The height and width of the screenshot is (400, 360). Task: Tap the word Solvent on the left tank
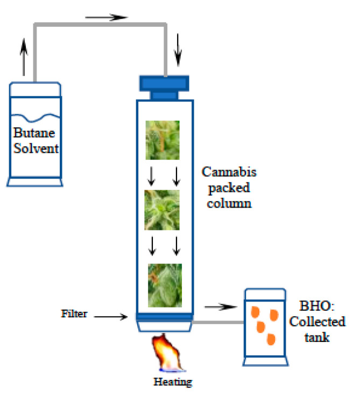point(35,147)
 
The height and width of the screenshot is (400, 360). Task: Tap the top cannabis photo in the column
point(163,140)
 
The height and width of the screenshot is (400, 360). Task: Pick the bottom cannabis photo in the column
point(165,285)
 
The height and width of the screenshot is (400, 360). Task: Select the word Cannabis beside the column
point(229,173)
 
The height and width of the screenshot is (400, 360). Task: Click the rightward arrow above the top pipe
point(106,17)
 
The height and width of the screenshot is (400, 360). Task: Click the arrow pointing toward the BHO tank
point(221,306)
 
